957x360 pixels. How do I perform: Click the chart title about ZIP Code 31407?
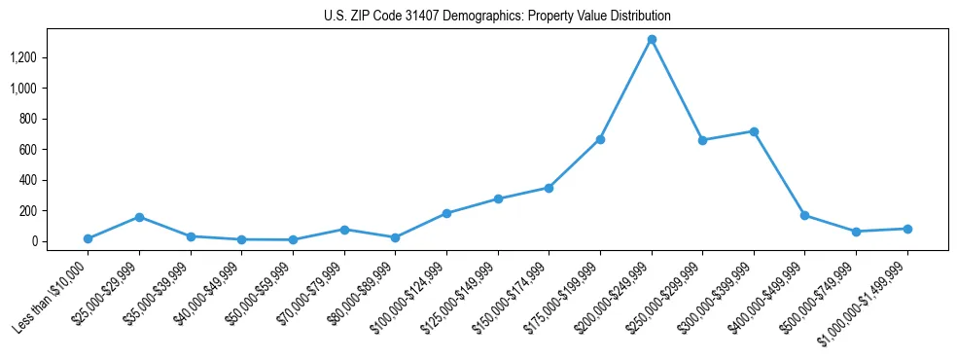[497, 16]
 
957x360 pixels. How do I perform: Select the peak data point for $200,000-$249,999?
[652, 40]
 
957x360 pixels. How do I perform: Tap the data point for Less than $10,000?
[89, 238]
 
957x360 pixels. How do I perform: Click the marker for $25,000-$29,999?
[140, 217]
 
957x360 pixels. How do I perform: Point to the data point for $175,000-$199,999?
[600, 139]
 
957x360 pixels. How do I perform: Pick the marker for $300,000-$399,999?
[754, 131]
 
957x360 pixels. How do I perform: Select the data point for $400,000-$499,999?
[804, 215]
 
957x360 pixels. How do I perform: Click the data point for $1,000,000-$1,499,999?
[907, 229]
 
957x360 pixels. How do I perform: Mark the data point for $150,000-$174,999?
[549, 188]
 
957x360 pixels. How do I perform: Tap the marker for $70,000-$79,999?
[344, 230]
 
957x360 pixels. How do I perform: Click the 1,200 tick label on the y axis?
[22, 58]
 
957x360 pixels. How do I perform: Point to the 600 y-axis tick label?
[28, 150]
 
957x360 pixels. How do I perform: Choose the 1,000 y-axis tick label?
[22, 89]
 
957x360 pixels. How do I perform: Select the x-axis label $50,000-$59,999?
[259, 296]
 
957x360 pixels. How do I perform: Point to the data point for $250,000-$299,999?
[702, 140]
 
